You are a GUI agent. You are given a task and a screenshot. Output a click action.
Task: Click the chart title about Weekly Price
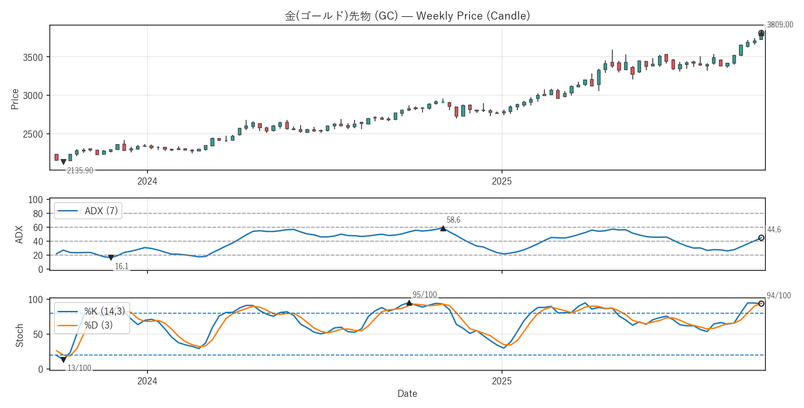[x=407, y=16]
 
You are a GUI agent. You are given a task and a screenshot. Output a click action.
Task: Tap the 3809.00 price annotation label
[x=780, y=25]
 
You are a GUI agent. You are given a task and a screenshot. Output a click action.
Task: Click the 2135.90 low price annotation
[x=80, y=171]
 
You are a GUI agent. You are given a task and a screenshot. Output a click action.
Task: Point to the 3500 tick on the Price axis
[x=33, y=58]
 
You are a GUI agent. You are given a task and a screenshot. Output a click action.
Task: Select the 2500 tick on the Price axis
[x=33, y=134]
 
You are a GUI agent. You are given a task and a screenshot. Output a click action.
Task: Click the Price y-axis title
[x=15, y=99]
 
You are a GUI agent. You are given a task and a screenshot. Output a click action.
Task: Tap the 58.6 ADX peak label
[x=453, y=220]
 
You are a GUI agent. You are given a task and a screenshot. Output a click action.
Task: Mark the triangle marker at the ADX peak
[x=443, y=228]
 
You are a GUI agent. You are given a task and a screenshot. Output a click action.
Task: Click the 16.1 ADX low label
[x=121, y=266]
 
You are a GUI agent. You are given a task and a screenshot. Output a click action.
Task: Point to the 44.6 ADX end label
[x=774, y=230]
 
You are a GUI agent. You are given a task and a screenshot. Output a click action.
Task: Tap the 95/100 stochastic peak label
[x=424, y=295]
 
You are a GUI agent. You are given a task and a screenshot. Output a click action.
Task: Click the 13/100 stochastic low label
[x=79, y=368]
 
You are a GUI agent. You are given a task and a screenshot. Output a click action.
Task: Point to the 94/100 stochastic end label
[x=778, y=296]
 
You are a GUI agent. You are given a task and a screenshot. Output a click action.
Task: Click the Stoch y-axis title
[x=20, y=335]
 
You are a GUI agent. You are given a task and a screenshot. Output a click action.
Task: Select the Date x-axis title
[x=407, y=394]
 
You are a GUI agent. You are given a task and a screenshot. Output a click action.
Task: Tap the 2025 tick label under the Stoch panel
[x=502, y=382]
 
